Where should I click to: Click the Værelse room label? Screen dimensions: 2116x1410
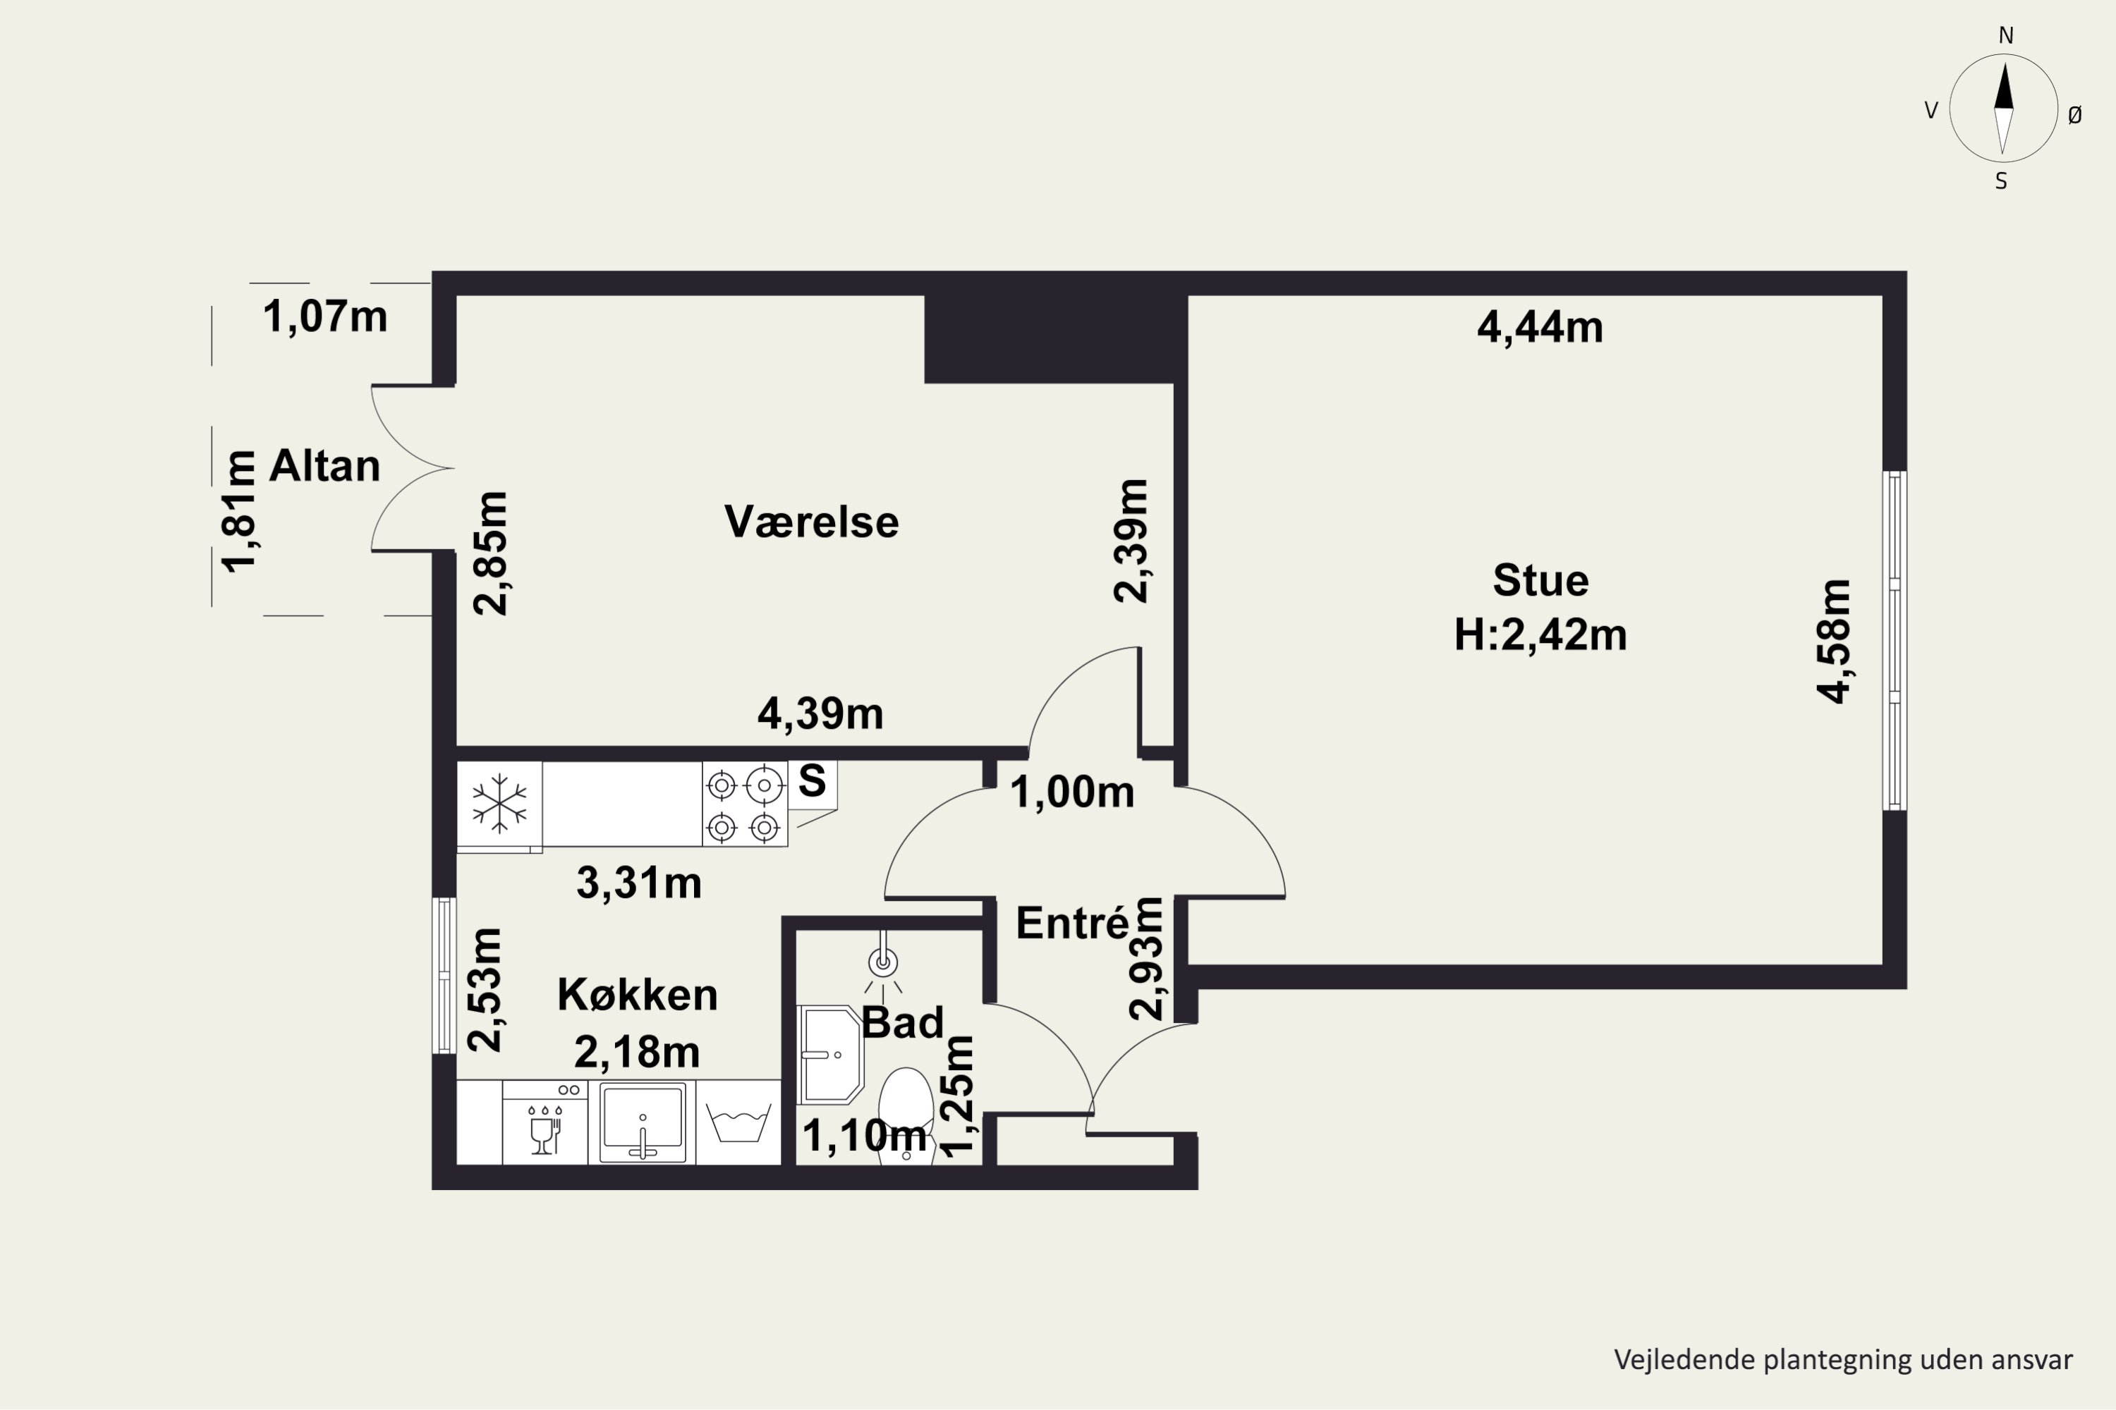coord(812,522)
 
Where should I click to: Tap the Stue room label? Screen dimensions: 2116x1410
coord(1540,580)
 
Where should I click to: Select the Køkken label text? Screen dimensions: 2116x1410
coord(637,995)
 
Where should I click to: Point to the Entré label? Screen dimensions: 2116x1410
coord(1071,924)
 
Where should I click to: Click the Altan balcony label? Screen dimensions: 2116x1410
coord(324,466)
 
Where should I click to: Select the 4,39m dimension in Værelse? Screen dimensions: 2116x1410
coord(820,714)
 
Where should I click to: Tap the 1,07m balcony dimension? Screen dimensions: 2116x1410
coord(324,317)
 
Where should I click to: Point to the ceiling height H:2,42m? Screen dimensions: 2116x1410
coord(1540,635)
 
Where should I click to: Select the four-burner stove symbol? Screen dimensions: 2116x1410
coord(744,804)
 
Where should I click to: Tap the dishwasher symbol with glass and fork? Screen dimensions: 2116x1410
coord(545,1123)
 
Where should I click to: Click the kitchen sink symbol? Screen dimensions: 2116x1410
coord(643,1123)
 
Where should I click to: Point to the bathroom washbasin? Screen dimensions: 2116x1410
coord(829,1054)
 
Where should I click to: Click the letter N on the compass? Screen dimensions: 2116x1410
coord(2005,35)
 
